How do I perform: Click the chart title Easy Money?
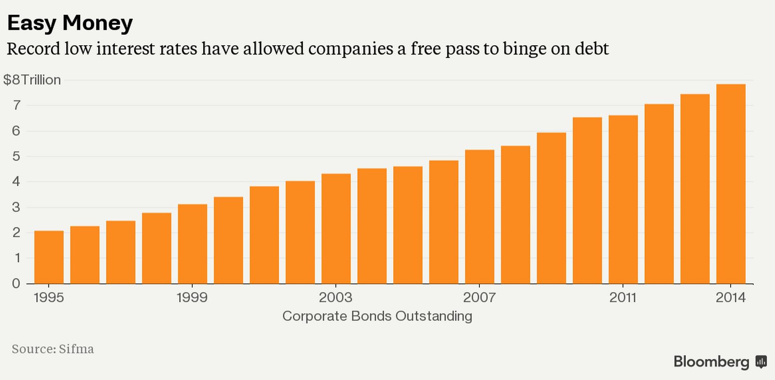coord(70,23)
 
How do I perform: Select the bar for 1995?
coord(49,257)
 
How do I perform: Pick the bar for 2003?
coord(336,229)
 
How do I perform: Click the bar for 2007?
coord(479,217)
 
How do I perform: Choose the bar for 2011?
coord(623,200)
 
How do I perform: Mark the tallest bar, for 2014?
coord(731,184)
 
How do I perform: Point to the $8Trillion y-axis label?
coord(32,80)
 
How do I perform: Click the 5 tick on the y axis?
coord(16,156)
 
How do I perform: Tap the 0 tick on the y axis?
coord(16,283)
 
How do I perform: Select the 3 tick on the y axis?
coord(16,207)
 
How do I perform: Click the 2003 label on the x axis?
coord(336,298)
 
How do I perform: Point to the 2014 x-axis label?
coord(731,298)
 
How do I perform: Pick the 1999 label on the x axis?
coord(192,298)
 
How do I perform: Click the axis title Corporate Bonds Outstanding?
coord(377,316)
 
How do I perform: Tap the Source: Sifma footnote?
coord(53,349)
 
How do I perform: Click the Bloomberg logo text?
coord(711,362)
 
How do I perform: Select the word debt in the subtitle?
coord(592,49)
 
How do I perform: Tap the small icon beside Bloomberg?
coord(761,362)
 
